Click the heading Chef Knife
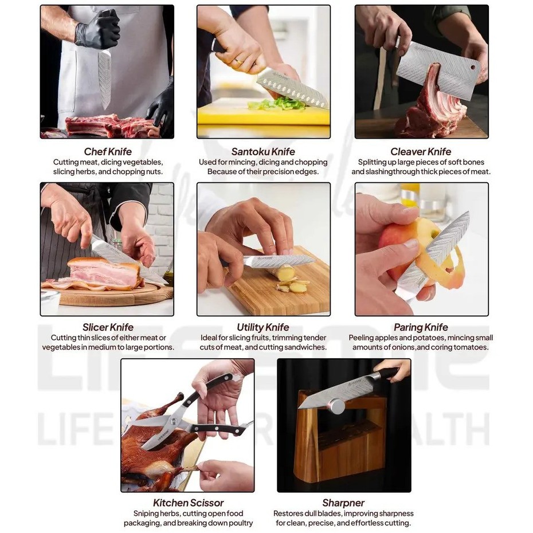click(108, 152)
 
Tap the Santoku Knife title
click(263, 152)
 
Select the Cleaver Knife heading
click(421, 152)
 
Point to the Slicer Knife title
click(108, 327)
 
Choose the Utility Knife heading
click(263, 327)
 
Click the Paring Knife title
click(421, 327)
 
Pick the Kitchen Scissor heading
click(189, 503)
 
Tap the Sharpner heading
click(343, 503)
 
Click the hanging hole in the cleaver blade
click(473, 67)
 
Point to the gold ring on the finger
click(239, 61)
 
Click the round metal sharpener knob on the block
click(337, 406)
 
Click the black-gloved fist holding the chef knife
click(98, 30)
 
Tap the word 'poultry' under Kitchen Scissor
click(240, 523)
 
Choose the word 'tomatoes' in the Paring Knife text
click(472, 347)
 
